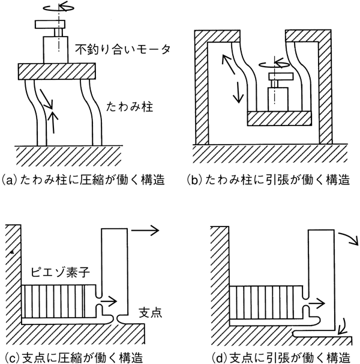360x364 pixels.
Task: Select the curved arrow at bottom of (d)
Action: (x=342, y=325)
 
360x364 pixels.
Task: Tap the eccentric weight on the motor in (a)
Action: (x=49, y=24)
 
